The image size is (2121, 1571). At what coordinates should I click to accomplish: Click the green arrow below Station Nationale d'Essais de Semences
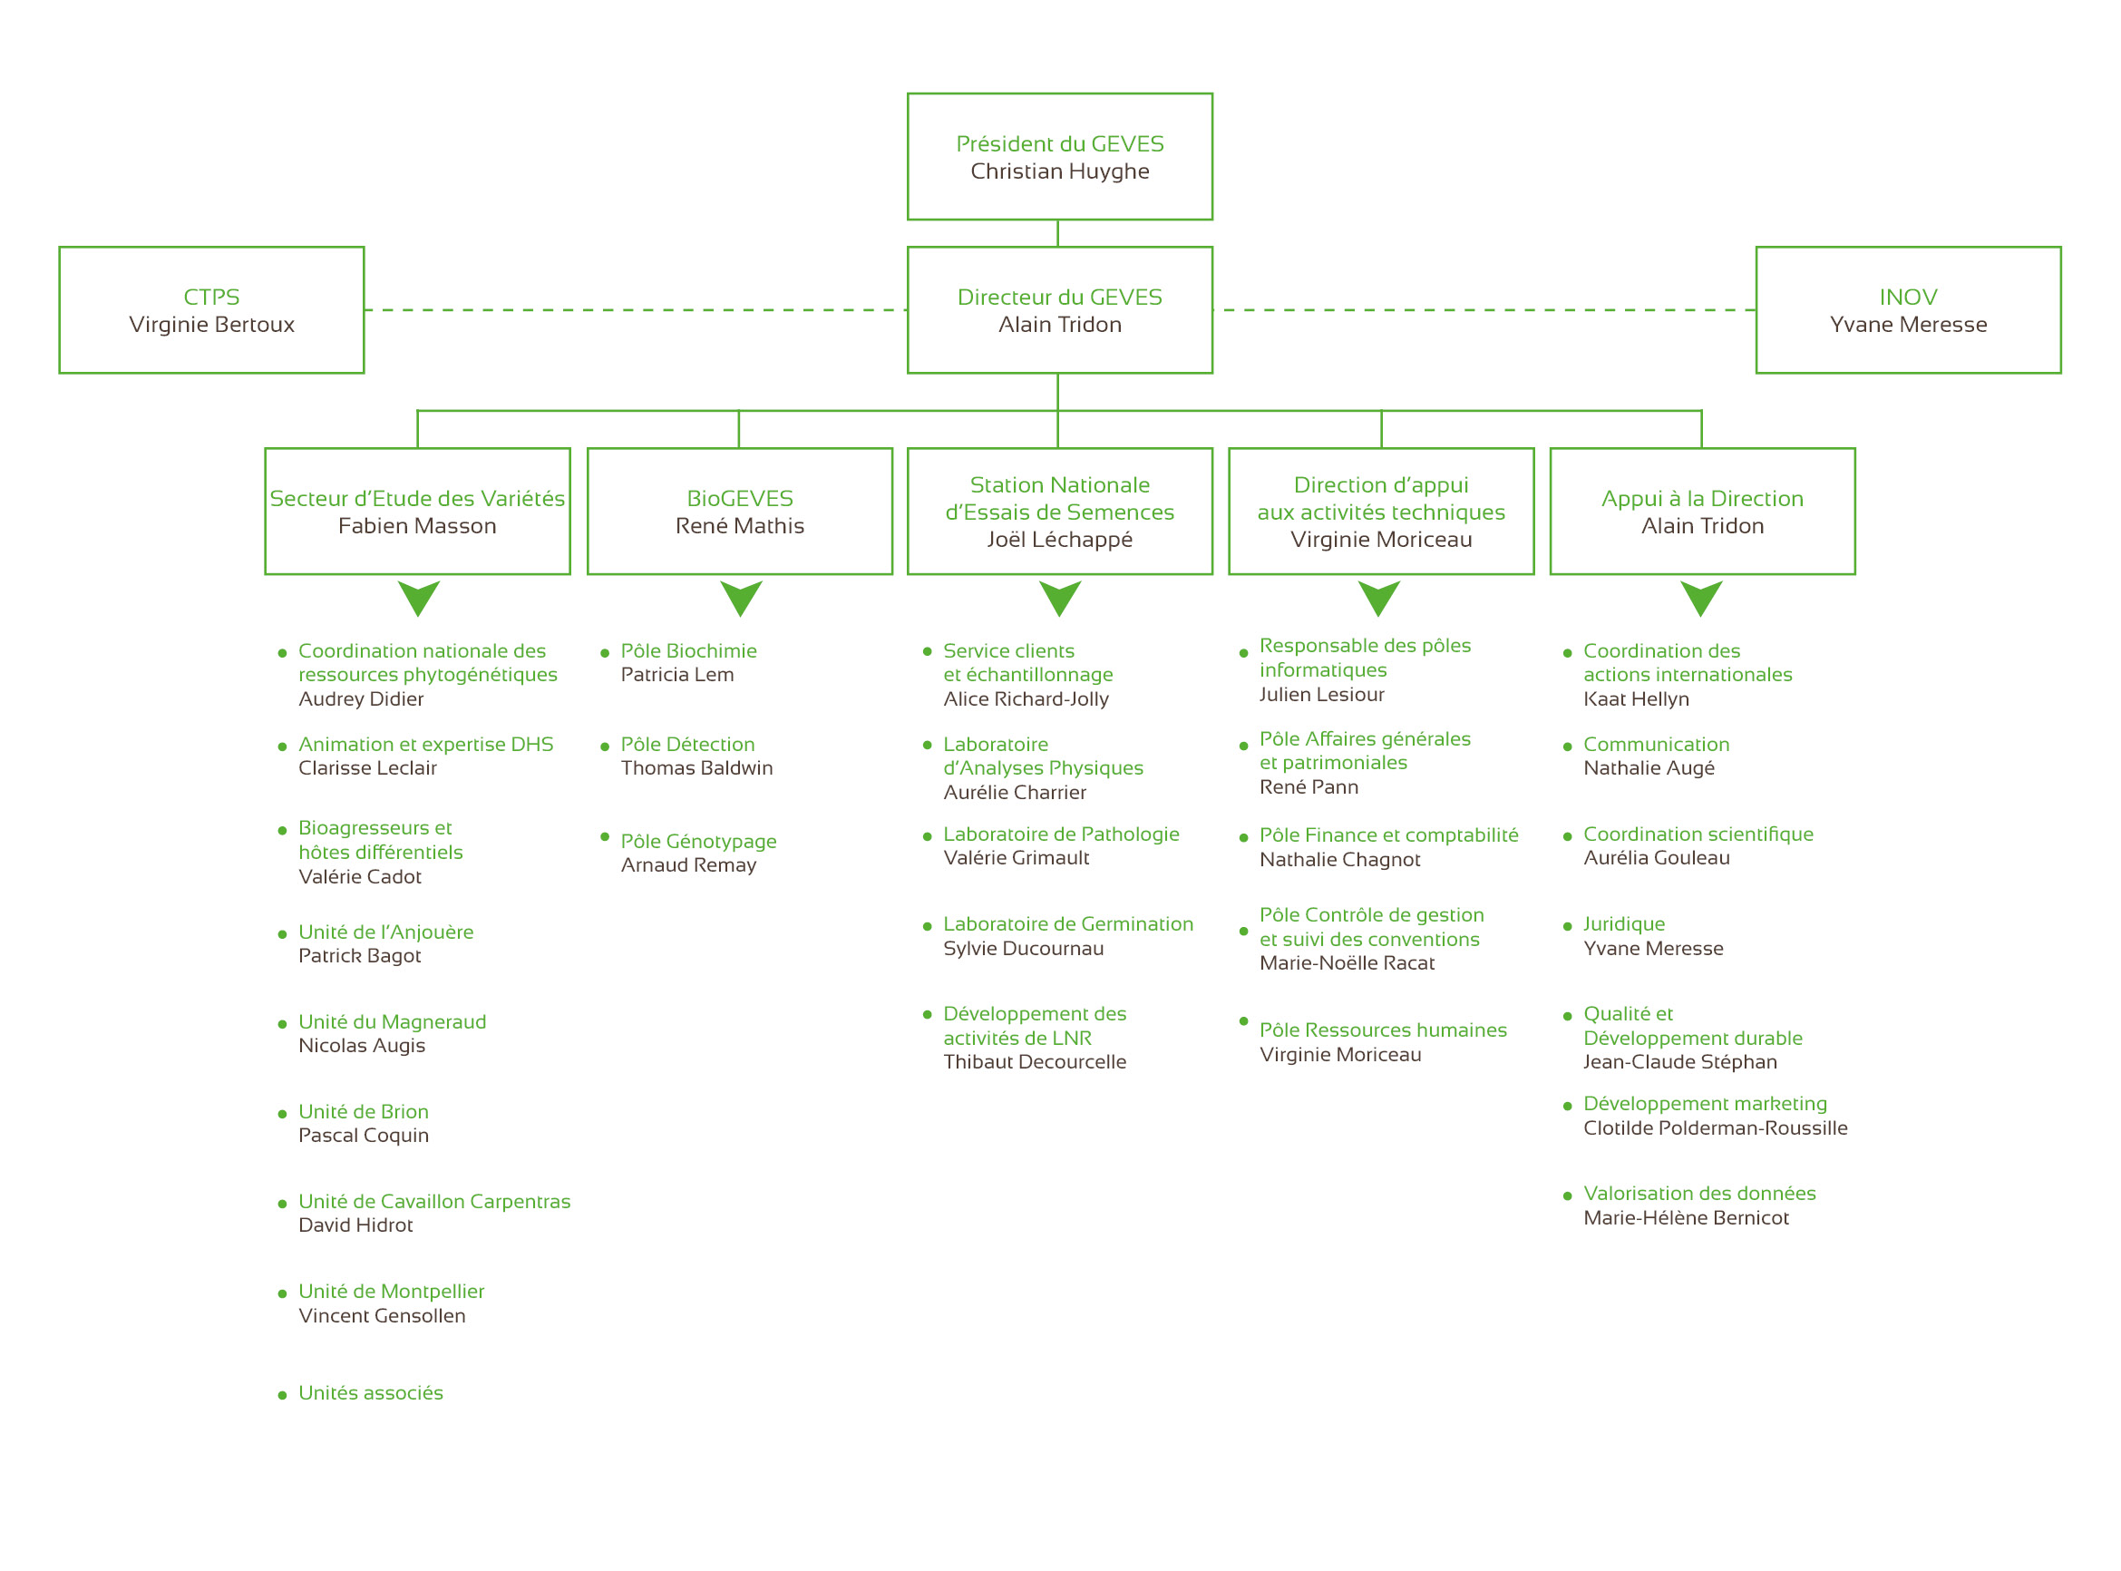1060,598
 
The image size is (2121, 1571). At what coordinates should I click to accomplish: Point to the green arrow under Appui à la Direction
1702,598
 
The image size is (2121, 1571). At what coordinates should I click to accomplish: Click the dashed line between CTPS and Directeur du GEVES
636,310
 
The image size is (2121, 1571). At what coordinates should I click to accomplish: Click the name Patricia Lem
676,675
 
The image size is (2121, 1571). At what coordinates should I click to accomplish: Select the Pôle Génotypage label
699,842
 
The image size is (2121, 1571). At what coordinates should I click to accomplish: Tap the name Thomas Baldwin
696,768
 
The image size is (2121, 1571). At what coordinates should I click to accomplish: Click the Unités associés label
371,1393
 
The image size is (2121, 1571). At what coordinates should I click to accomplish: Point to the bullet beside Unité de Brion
282,1115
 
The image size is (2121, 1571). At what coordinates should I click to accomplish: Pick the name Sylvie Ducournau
1023,949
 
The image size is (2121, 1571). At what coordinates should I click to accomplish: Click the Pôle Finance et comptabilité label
1389,836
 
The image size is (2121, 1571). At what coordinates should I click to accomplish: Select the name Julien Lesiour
1321,695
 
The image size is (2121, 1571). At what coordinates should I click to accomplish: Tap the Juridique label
1624,924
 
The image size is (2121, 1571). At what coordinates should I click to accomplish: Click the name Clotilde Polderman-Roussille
1715,1128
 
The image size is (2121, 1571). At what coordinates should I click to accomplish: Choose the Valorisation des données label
1700,1194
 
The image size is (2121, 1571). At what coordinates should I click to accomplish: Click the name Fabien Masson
417,526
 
